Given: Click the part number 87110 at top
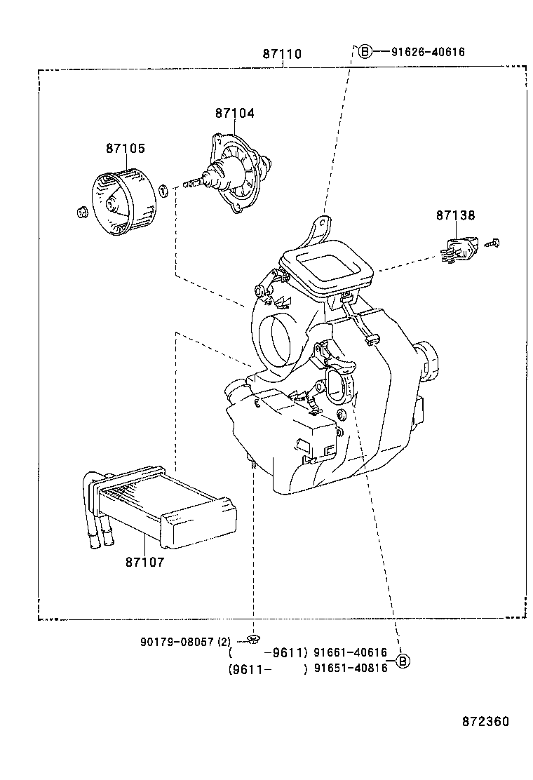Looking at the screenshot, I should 282,53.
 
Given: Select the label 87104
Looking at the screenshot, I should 234,113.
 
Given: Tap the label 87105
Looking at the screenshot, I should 126,149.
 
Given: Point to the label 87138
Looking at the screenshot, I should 455,216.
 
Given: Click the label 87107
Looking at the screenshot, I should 145,562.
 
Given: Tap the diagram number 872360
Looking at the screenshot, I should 485,721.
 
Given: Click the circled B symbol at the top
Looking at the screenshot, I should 364,51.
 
